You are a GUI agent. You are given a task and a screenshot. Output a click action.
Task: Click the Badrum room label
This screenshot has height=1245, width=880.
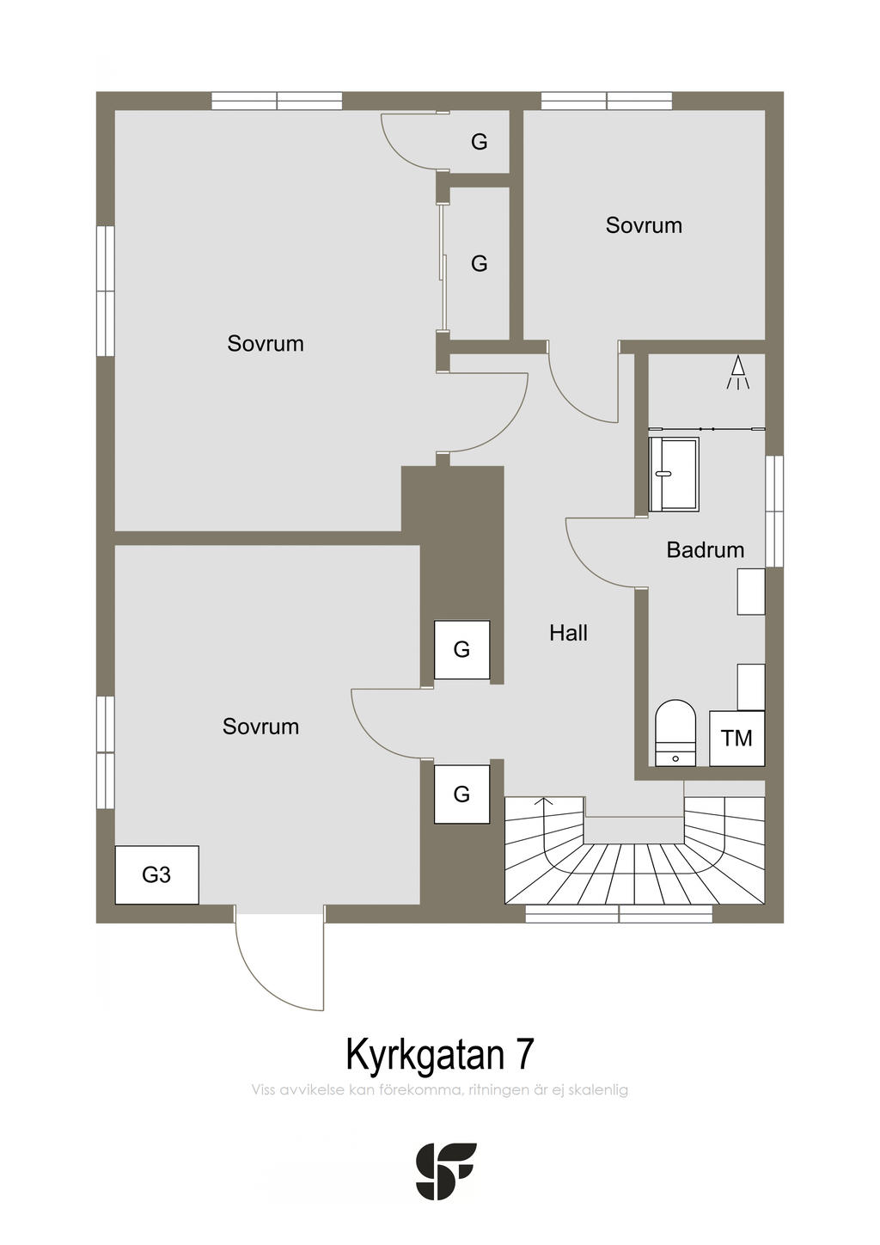705,550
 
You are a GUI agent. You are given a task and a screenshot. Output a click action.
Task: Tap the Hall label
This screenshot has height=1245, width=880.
568,634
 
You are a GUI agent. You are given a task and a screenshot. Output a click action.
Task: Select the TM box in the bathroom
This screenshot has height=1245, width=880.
736,738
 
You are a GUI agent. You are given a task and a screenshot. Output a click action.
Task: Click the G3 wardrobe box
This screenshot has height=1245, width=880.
156,875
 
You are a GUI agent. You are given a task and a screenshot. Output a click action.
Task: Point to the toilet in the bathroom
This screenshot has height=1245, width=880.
675,732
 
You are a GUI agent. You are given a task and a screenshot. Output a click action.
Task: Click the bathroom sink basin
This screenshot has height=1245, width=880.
674,474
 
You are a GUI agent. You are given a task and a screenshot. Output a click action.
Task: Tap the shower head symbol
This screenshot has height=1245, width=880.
738,373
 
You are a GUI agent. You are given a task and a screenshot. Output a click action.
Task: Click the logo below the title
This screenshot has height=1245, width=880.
446,1171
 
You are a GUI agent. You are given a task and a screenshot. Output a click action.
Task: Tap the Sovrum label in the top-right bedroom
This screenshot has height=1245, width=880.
644,226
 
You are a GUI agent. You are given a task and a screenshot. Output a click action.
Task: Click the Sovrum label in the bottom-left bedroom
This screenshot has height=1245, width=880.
260,727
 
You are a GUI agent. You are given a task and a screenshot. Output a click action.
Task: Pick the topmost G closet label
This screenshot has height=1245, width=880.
480,142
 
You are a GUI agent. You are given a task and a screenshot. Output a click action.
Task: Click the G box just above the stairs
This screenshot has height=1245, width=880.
461,794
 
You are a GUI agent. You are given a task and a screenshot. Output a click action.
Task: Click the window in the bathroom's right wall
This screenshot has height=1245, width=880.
774,511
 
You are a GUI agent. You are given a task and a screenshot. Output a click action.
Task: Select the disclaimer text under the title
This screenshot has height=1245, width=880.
440,1090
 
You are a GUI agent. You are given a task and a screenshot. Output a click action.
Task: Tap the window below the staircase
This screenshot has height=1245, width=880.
619,914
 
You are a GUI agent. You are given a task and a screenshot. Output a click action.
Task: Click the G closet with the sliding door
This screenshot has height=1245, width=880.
478,263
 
